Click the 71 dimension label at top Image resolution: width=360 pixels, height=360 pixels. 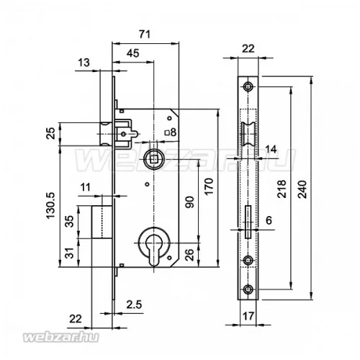coord(145,35)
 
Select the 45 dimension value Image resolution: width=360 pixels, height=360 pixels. coord(132,53)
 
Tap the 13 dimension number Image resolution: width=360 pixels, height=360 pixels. coord(84,63)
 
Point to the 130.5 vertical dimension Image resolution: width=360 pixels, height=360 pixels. coord(50,205)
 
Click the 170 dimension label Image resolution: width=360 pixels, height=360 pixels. coord(209,186)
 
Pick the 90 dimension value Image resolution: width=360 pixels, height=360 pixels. coord(189,202)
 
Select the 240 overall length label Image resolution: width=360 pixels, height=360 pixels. coord(302,189)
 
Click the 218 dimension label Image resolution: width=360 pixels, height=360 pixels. coord(282,189)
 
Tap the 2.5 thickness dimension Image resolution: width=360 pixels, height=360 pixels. coord(134,305)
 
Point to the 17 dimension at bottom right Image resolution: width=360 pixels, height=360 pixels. coord(248,316)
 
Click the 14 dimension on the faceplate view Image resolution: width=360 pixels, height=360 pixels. coord(271,149)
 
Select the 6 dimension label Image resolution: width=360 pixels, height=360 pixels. coord(269,220)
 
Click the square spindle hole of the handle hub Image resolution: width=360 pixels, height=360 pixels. coord(153,159)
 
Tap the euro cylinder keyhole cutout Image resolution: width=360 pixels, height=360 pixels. coord(154,250)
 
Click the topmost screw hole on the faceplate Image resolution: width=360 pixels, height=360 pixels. coord(248,86)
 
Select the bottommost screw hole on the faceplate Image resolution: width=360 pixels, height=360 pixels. coord(248,289)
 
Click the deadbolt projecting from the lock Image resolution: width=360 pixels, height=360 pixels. coord(102,222)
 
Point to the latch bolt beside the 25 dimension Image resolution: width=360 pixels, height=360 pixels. coord(106,134)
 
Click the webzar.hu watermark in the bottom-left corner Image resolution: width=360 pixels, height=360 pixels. coord(60,337)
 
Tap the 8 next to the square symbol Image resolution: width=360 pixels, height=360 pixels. coord(174,132)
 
